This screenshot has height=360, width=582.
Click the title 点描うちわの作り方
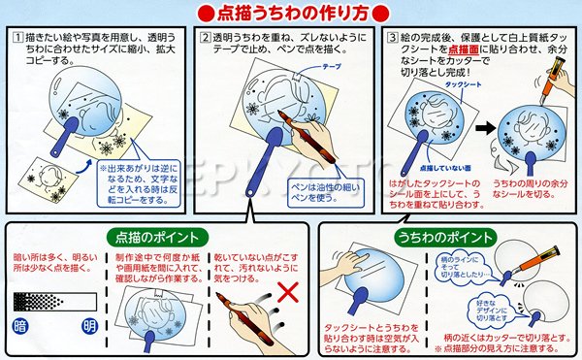290,14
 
